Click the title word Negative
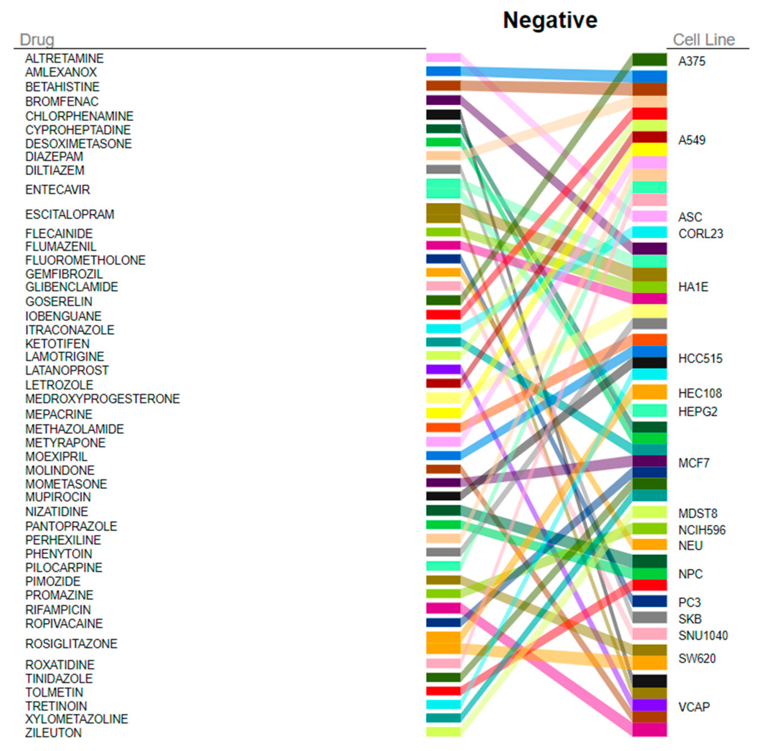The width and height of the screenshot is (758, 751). click(550, 20)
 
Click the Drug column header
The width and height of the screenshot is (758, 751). click(37, 40)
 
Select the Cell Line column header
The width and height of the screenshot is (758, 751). click(703, 40)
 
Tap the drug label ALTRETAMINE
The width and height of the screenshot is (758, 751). click(64, 58)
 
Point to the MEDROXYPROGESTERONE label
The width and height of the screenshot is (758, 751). click(103, 399)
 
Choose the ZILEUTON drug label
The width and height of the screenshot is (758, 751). click(53, 732)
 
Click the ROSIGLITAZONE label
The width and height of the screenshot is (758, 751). click(71, 644)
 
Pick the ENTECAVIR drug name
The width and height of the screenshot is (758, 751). click(58, 190)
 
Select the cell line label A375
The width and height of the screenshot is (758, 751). click(692, 61)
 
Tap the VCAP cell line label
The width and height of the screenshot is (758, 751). click(694, 707)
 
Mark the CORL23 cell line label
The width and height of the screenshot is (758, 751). click(701, 234)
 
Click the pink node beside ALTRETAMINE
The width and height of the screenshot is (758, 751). click(443, 58)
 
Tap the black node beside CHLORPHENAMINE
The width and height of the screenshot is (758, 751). click(443, 115)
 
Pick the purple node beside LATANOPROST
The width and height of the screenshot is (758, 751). click(443, 369)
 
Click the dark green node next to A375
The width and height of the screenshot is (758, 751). click(649, 60)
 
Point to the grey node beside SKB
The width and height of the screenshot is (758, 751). click(649, 618)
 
